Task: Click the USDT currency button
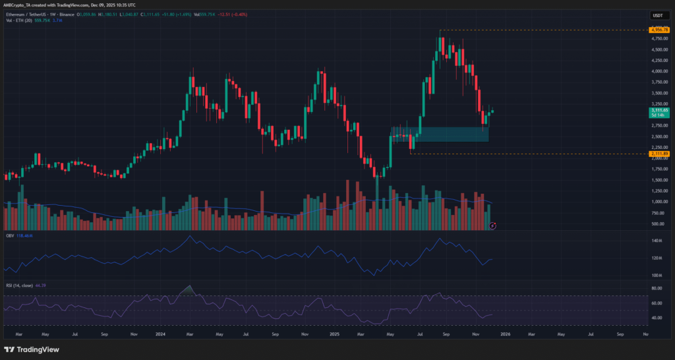pyautogui.click(x=657, y=15)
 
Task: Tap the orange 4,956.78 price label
pyautogui.click(x=659, y=30)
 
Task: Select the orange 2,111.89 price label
pyautogui.click(x=659, y=154)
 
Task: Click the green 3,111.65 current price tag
pyautogui.click(x=659, y=110)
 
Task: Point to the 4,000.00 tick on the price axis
pyautogui.click(x=659, y=71)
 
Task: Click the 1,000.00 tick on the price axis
pyautogui.click(x=659, y=202)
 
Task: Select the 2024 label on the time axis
pyautogui.click(x=160, y=334)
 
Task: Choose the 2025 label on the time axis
pyautogui.click(x=334, y=334)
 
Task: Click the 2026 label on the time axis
pyautogui.click(x=505, y=334)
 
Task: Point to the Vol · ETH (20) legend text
pyautogui.click(x=18, y=20)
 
